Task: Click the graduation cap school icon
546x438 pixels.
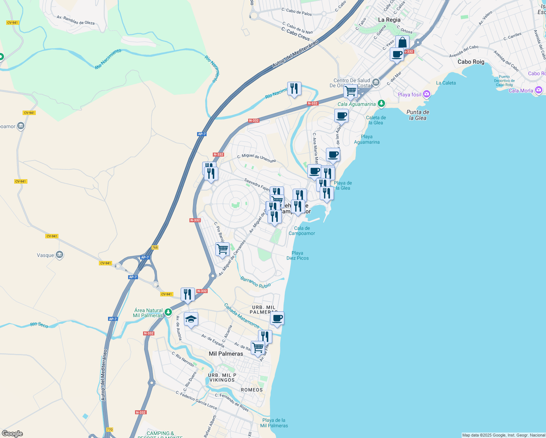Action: (x=191, y=319)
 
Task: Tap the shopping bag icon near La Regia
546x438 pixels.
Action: (x=402, y=42)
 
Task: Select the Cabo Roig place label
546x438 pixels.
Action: (x=471, y=62)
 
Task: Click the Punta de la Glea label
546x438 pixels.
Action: (x=418, y=115)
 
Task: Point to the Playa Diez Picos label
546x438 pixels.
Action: (x=297, y=255)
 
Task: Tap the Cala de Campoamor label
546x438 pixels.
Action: (x=302, y=231)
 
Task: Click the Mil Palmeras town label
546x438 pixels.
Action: (x=226, y=354)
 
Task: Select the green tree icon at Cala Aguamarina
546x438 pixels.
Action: (x=381, y=104)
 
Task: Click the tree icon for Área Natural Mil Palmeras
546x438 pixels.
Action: (x=168, y=312)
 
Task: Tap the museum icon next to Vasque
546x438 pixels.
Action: (x=59, y=255)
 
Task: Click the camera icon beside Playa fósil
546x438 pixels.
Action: (x=427, y=95)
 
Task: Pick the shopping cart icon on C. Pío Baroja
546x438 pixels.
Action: (x=222, y=250)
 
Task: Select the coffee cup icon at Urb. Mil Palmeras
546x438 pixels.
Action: (x=277, y=318)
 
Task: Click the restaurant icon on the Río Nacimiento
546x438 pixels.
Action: (x=294, y=89)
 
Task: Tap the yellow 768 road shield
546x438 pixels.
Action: (x=155, y=247)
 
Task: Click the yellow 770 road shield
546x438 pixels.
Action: (x=109, y=430)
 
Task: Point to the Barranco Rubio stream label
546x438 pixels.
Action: (x=255, y=283)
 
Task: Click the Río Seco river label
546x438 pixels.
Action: (x=39, y=324)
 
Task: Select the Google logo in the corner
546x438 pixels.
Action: (x=12, y=433)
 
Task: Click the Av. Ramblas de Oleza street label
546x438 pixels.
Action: (x=76, y=20)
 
